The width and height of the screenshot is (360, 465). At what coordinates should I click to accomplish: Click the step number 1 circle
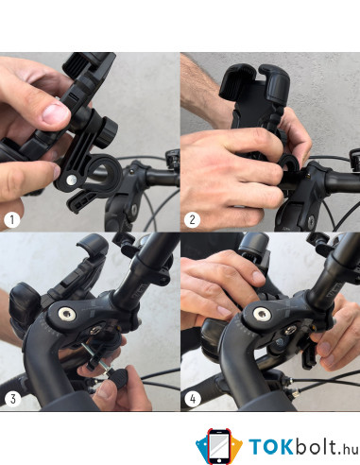pyautogui.click(x=12, y=219)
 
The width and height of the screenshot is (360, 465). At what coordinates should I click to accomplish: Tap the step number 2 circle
pyautogui.click(x=192, y=219)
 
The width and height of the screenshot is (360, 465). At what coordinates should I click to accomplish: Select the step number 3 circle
pyautogui.click(x=12, y=399)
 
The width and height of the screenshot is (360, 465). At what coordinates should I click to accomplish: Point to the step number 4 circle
pyautogui.click(x=193, y=399)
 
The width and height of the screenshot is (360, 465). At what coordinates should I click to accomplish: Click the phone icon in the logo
pyautogui.click(x=219, y=447)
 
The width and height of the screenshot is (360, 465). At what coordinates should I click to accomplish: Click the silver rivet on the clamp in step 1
pyautogui.click(x=72, y=180)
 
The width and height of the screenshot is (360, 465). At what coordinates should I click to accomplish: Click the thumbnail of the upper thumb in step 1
pyautogui.click(x=56, y=114)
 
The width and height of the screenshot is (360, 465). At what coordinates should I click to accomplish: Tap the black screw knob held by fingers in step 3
pyautogui.click(x=118, y=378)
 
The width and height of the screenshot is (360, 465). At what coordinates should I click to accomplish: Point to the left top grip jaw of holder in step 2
pyautogui.click(x=236, y=79)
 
